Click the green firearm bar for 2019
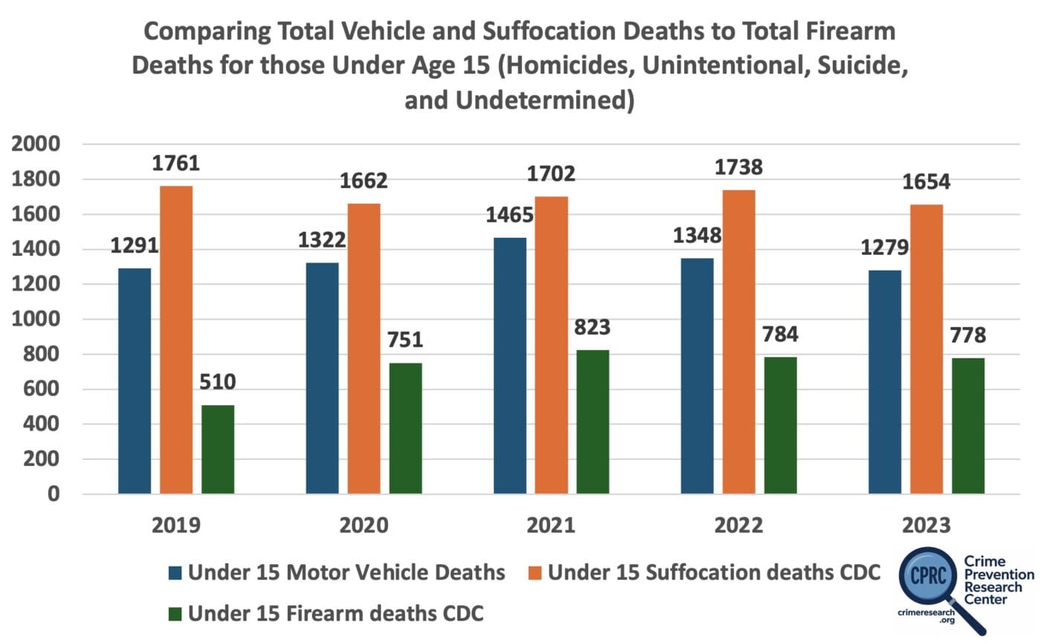[218, 449]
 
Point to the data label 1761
[176, 164]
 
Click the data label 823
[593, 328]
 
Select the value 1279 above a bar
[885, 248]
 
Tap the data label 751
[405, 340]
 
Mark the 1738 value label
[739, 168]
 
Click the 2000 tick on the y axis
[35, 144]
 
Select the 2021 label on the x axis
[551, 526]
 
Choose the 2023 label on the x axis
[926, 526]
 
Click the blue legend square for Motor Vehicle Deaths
[175, 572]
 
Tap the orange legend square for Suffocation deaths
[535, 572]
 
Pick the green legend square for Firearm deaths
[175, 614]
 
